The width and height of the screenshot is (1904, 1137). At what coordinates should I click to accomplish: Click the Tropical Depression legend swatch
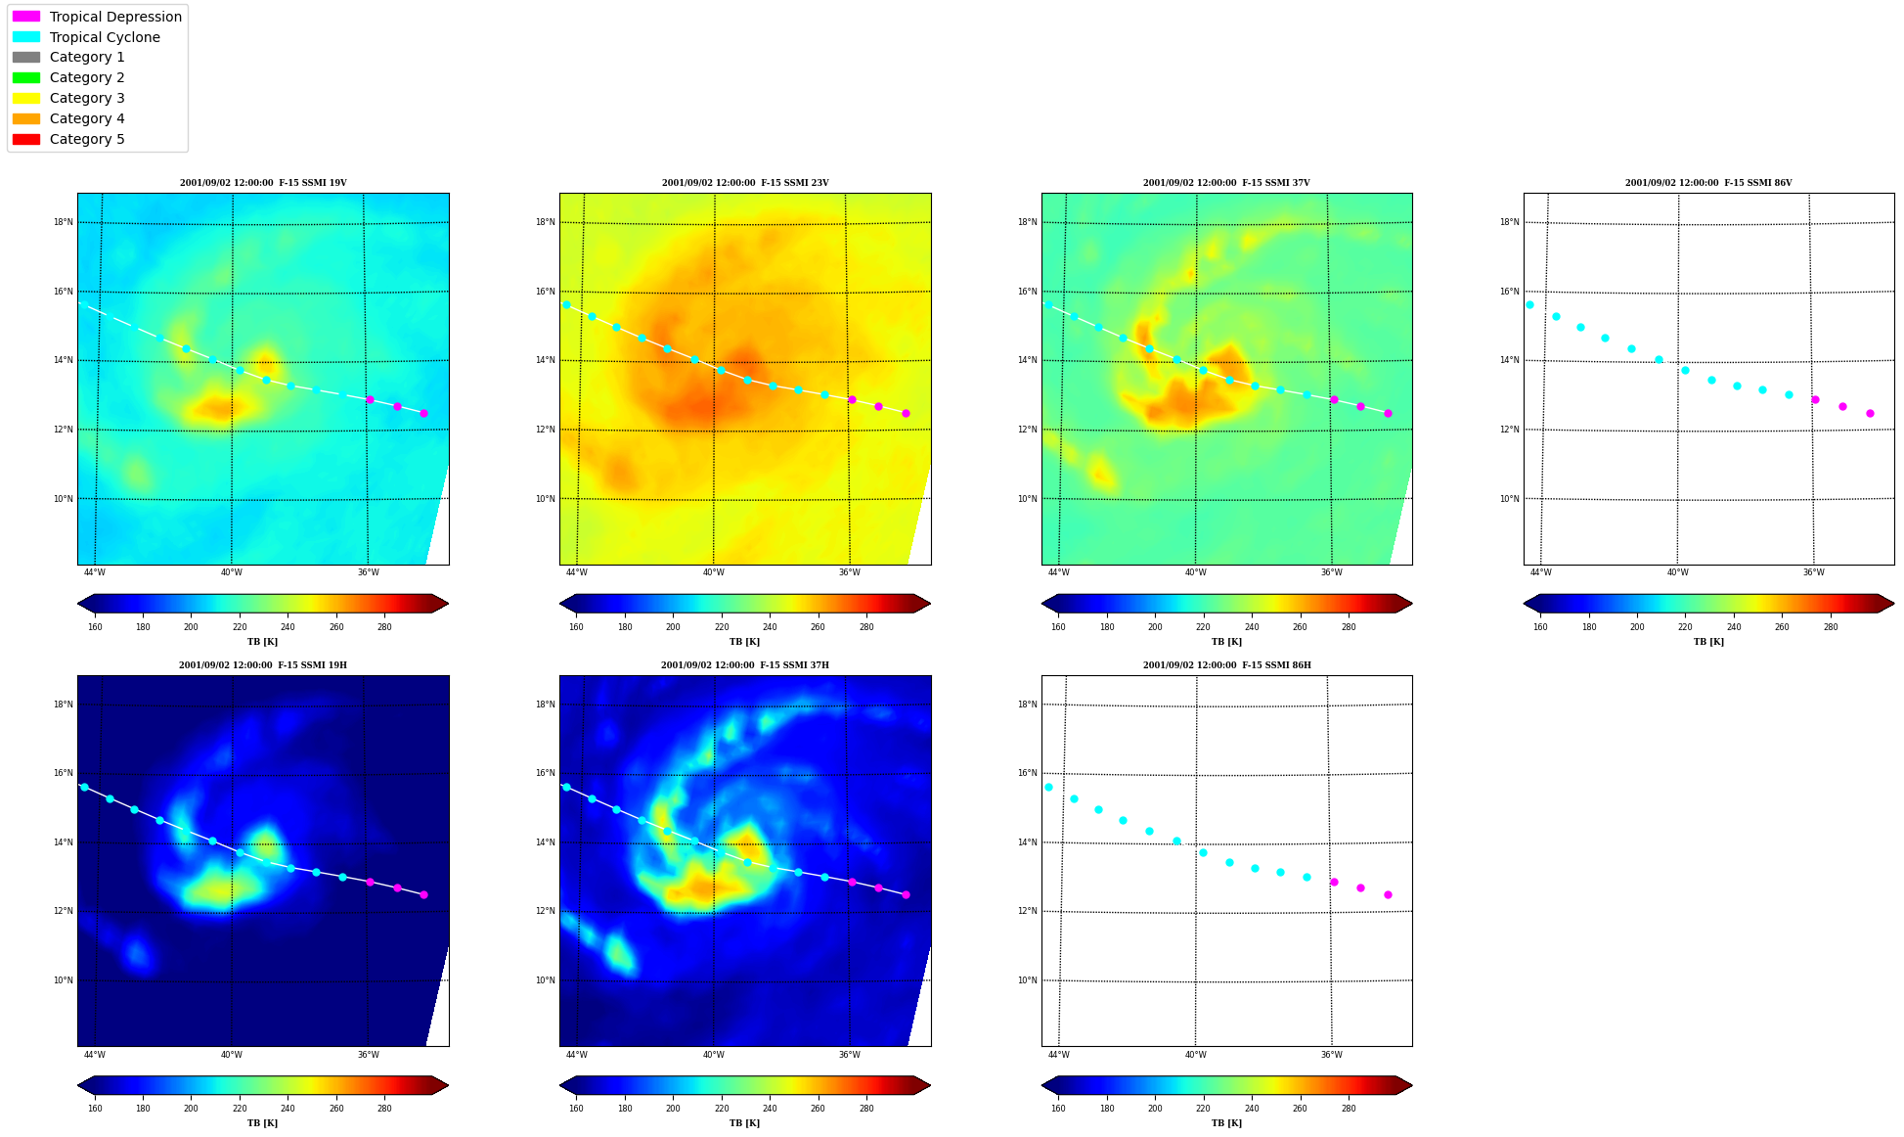(26, 17)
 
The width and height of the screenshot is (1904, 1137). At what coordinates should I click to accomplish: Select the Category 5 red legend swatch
(26, 139)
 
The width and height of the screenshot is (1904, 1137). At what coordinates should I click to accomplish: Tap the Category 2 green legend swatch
(26, 77)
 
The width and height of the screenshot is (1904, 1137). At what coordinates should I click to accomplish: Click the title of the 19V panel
(263, 183)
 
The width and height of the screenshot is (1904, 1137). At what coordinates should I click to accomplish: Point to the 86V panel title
(1708, 183)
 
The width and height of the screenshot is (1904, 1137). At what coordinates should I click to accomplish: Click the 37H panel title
(745, 665)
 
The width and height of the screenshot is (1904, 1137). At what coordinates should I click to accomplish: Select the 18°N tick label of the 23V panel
(545, 222)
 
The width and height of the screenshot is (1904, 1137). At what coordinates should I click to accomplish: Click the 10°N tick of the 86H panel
(1027, 980)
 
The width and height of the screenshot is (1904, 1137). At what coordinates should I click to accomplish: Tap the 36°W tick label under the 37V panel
(1332, 572)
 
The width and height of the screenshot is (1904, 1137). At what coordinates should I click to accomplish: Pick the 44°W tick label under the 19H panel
(95, 1055)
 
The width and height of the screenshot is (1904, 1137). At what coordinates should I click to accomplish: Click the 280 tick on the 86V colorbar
(1831, 627)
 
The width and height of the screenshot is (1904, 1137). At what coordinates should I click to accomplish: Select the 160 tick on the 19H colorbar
(95, 1109)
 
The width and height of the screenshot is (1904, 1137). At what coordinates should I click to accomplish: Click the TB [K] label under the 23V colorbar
(745, 642)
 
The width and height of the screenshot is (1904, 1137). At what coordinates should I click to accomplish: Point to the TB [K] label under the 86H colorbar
(1227, 1123)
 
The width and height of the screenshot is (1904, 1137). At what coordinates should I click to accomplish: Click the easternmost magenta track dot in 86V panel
(1870, 413)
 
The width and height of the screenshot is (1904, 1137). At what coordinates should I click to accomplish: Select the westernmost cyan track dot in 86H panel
(1048, 787)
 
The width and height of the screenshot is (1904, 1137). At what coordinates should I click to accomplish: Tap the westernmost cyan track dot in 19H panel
(84, 787)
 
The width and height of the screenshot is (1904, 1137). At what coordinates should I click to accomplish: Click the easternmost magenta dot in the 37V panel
(1388, 413)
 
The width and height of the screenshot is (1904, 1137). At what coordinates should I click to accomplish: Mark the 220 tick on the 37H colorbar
(722, 1109)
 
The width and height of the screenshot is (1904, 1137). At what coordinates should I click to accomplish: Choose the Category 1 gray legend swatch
(26, 57)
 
